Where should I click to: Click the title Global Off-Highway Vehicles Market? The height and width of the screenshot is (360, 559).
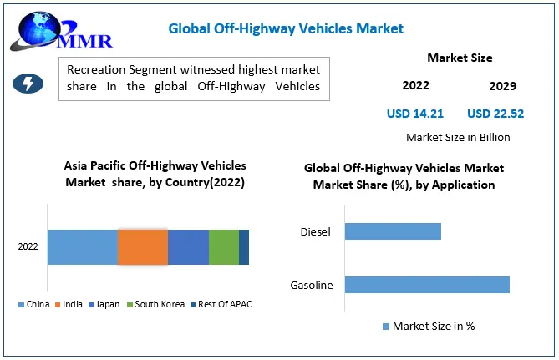tap(286, 28)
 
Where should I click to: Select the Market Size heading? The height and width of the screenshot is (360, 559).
tap(460, 58)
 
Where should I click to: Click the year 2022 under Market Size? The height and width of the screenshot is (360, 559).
tap(415, 85)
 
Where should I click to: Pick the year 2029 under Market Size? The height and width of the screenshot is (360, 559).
tap(502, 86)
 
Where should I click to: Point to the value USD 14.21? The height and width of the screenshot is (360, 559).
tap(415, 113)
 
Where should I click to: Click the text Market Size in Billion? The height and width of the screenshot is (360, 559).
tap(458, 137)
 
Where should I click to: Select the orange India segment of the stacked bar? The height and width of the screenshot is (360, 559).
tap(143, 247)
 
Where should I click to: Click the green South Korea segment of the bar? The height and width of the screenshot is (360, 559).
tap(224, 247)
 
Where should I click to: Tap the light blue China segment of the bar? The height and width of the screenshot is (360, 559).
tap(82, 247)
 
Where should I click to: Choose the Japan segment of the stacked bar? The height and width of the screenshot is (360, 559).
tap(188, 247)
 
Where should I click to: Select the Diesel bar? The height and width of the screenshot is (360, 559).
tap(393, 231)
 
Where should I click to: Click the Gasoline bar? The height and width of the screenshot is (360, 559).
tap(426, 285)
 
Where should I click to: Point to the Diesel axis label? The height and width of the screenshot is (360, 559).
tap(316, 231)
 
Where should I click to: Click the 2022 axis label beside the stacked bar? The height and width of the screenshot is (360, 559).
tap(28, 247)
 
